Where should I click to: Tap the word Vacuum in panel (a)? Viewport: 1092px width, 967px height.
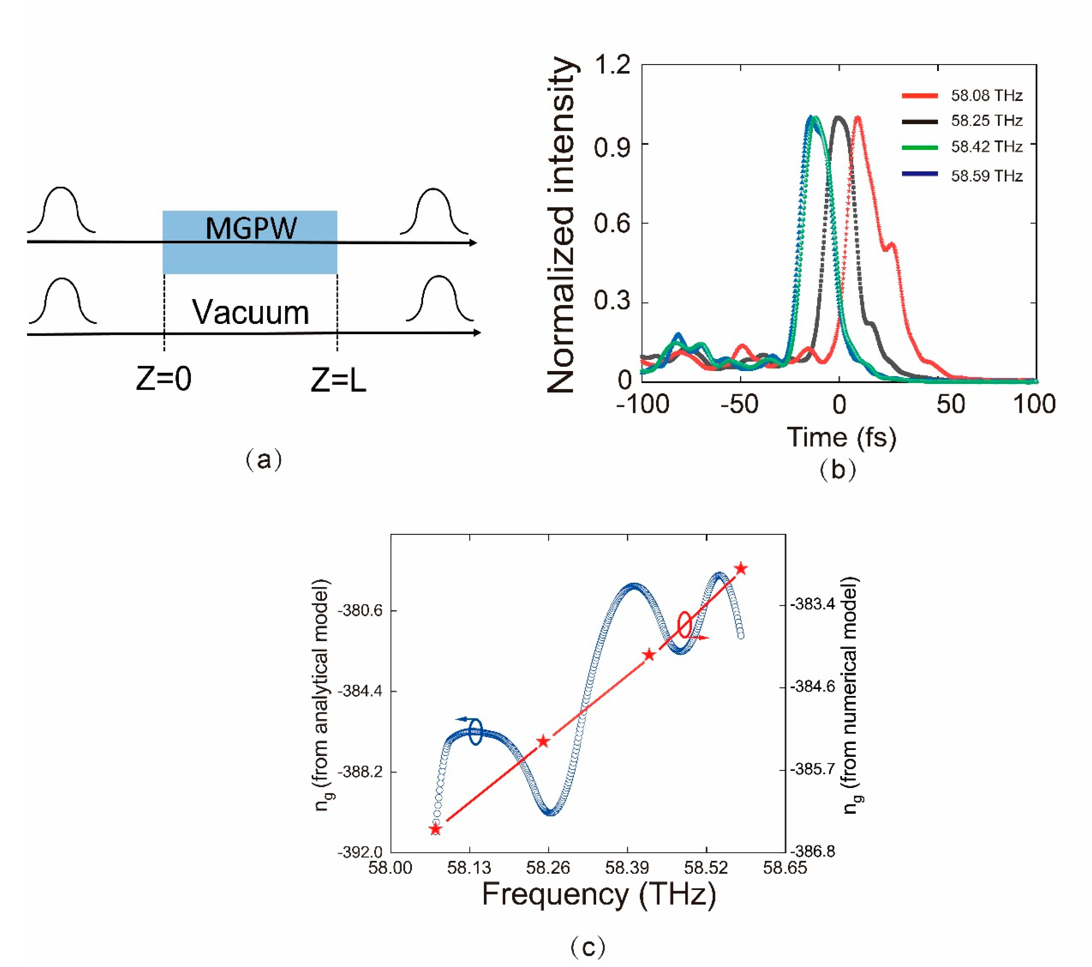(250, 313)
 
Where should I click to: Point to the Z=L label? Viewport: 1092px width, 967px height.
(338, 381)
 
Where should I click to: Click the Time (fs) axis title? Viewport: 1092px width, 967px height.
(841, 437)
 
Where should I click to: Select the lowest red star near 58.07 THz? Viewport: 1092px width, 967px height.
(436, 829)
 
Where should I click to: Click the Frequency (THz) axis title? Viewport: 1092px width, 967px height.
(598, 894)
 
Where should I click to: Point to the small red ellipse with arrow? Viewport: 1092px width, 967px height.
(685, 625)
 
